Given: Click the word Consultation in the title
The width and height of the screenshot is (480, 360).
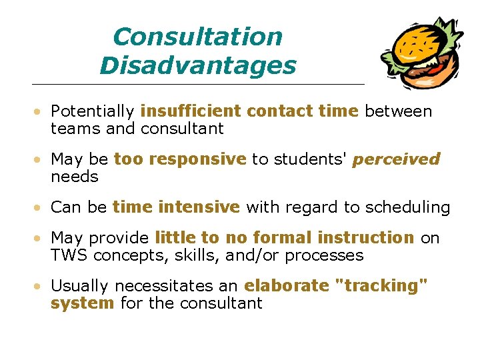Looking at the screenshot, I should (197, 37).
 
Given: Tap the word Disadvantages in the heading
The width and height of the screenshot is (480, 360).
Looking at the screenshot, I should (197, 66).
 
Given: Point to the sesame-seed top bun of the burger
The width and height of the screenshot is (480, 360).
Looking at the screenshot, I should (416, 41).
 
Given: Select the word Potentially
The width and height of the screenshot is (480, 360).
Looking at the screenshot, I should (93, 111).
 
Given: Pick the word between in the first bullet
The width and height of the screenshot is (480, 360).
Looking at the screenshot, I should (398, 111).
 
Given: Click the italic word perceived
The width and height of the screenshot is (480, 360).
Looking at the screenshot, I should (396, 160).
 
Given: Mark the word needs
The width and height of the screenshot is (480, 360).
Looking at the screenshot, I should (75, 177).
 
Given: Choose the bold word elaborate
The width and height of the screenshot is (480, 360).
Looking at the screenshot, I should (287, 286).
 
